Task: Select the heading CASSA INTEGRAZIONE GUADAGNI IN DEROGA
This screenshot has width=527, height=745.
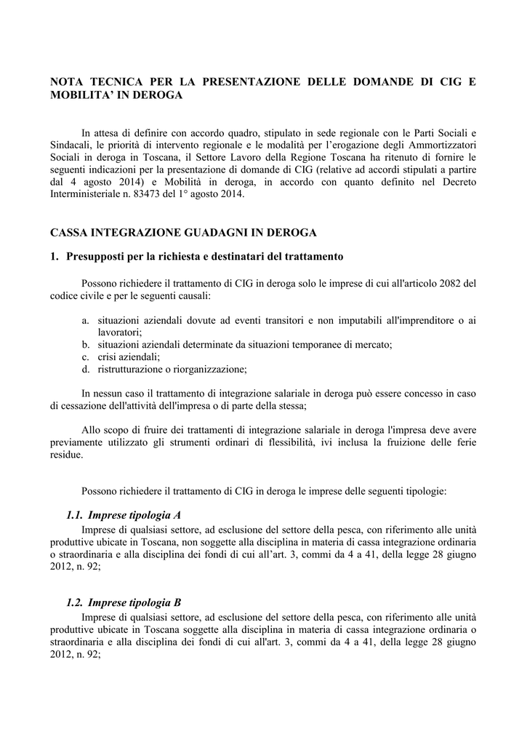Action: click(x=183, y=233)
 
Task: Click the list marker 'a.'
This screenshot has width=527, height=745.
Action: click(x=85, y=320)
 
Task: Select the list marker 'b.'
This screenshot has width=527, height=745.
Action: click(x=85, y=344)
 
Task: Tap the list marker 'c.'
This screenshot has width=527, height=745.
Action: click(x=85, y=356)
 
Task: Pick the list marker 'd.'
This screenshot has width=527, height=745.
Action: click(x=85, y=369)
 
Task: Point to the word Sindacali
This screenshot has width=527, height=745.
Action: click(x=71, y=145)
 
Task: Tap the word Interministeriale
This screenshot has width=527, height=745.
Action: click(x=90, y=195)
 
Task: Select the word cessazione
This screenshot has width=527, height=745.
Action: click(x=89, y=406)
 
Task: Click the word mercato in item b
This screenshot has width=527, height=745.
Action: click(x=376, y=344)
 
